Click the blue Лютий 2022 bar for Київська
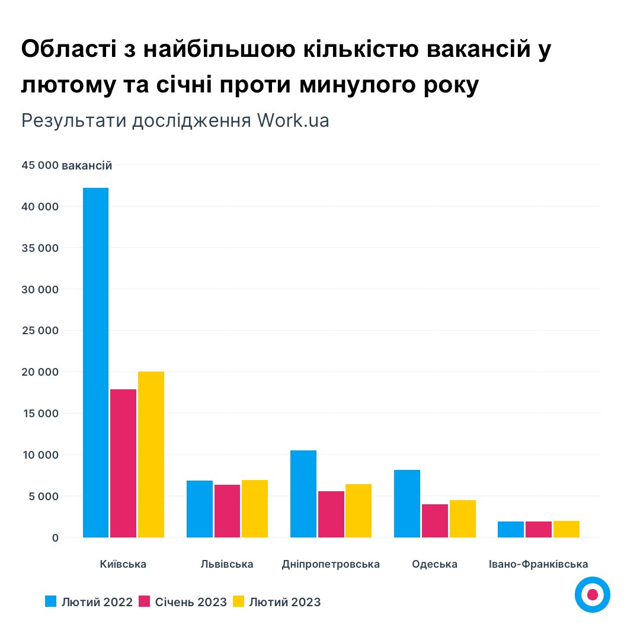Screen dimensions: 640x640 coord(95,363)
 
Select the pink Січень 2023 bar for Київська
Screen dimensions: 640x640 coord(123,463)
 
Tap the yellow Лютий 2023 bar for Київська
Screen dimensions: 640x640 coord(151,455)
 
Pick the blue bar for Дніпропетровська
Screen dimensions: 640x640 coord(303,494)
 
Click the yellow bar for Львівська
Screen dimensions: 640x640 coord(255,508)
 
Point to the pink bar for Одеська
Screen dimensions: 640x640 coord(435,521)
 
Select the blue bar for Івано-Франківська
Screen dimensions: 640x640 coord(511,529)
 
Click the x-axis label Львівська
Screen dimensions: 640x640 coord(227,564)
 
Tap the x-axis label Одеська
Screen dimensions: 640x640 coord(435,564)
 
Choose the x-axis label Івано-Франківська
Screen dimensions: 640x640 coord(539,564)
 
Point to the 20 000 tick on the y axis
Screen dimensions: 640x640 coord(41,372)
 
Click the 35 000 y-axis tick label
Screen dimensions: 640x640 coord(41,248)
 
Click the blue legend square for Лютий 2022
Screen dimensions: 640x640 coord(52,602)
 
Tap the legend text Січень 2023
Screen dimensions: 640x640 coord(191,602)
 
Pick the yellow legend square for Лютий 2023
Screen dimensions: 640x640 coord(238,602)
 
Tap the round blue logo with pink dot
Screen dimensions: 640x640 coord(592,594)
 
